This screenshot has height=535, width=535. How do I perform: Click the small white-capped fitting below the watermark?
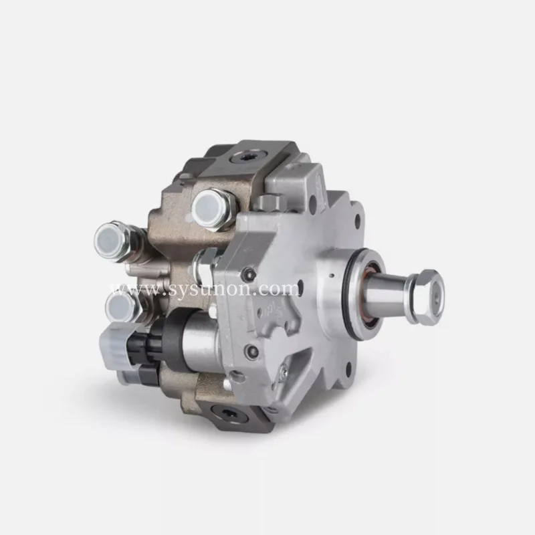[120, 307]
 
